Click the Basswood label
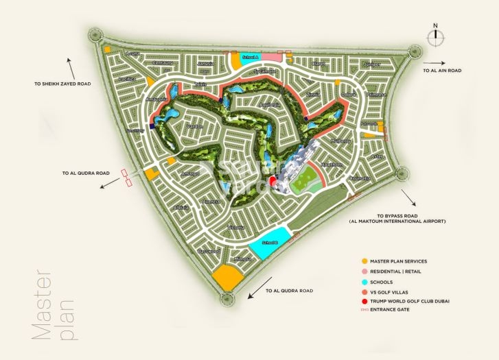point(209,252)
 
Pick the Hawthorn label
point(331,165)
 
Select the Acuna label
point(132,53)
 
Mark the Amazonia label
point(156,99)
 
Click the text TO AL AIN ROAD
point(441,70)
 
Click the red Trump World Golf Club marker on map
point(273,180)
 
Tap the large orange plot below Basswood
point(227,278)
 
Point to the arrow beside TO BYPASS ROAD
point(411,199)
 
